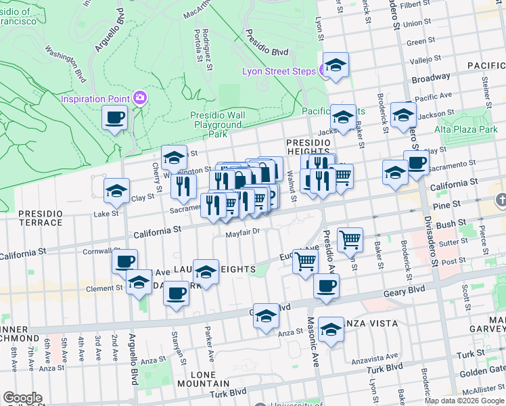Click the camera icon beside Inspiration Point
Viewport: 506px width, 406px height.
tap(140, 98)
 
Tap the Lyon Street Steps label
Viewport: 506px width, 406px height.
tap(279, 72)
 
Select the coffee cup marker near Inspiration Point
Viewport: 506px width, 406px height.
tap(114, 118)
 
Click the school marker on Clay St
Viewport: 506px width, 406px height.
tap(116, 191)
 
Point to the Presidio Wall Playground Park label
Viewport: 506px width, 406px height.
tap(217, 125)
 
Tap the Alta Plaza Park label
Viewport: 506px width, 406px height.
tap(465, 129)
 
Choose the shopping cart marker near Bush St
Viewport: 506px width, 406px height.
tap(350, 239)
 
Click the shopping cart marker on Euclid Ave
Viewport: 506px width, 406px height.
tap(306, 260)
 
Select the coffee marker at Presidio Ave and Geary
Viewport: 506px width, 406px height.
tap(326, 286)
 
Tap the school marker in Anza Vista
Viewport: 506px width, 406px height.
tap(331, 329)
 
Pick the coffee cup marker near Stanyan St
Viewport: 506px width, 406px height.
tap(177, 294)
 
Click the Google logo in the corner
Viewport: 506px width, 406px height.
tap(22, 398)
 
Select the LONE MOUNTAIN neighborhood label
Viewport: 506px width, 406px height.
tap(193, 379)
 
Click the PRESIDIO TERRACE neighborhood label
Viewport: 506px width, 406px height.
tap(41, 217)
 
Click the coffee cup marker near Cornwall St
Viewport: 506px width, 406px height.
tap(124, 261)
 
